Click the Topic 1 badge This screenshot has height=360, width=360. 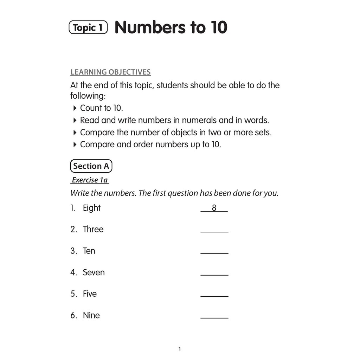(88, 27)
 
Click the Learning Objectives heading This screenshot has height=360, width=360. (110, 72)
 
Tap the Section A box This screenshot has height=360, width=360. (91, 166)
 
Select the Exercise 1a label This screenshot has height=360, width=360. (90, 180)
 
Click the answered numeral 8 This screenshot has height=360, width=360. (214, 208)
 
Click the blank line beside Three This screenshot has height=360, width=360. (214, 231)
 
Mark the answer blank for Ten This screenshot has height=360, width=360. (214, 253)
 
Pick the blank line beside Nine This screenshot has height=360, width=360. (214, 317)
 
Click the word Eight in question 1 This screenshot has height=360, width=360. (92, 208)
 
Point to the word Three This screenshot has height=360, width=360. (93, 229)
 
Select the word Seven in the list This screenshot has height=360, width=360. (94, 272)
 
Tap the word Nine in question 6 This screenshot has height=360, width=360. (91, 315)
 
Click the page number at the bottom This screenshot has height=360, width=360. (180, 349)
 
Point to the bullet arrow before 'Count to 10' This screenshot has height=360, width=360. (75, 108)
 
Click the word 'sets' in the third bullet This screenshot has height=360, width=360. (263, 133)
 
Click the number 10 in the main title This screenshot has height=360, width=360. (219, 27)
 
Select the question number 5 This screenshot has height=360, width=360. (73, 294)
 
